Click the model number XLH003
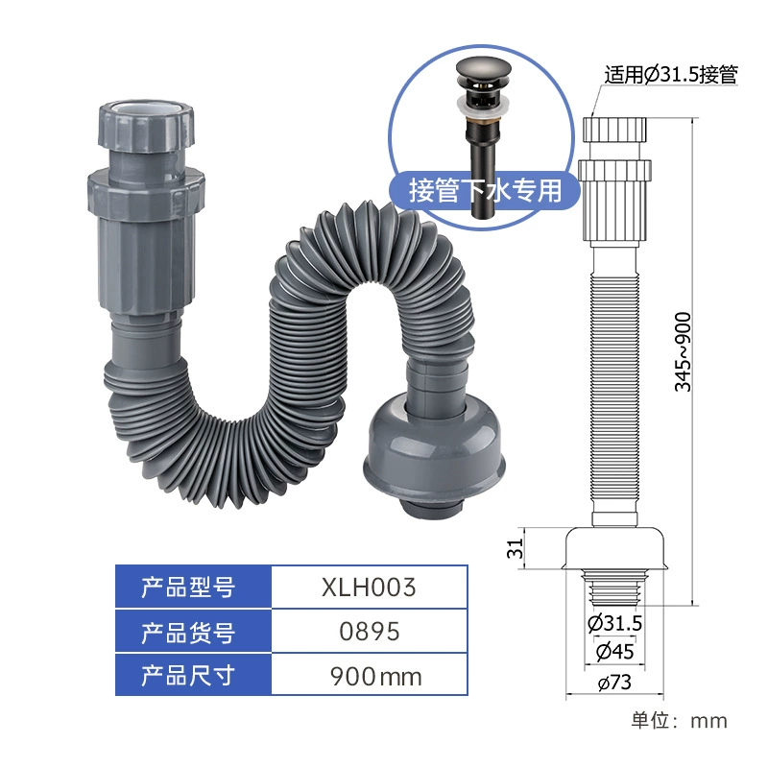click(x=369, y=587)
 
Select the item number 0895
click(x=370, y=632)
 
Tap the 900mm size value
click(x=375, y=677)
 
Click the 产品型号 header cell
click(x=193, y=587)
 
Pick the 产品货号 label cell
click(x=193, y=632)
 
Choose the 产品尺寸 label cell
click(x=193, y=675)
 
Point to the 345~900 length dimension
click(x=683, y=351)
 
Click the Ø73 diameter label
click(x=614, y=683)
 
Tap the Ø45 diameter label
click(x=614, y=652)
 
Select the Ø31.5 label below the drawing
click(x=614, y=623)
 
